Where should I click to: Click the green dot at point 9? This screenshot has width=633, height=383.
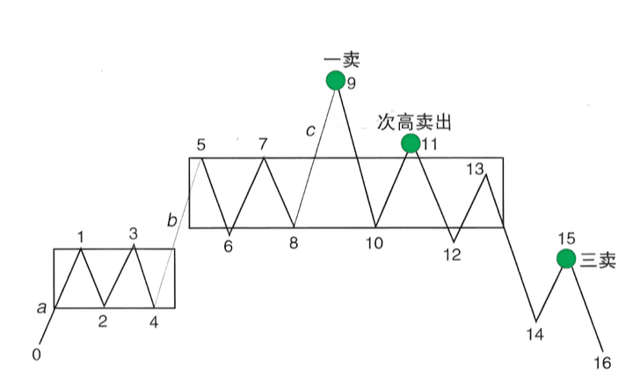tap(335, 81)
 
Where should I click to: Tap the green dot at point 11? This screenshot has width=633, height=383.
tap(411, 144)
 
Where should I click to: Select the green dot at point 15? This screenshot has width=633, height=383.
tap(567, 259)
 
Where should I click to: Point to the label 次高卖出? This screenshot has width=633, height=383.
tap(414, 121)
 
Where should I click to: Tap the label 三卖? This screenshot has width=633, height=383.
tap(598, 260)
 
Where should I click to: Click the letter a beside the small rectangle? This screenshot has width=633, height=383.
tap(41, 307)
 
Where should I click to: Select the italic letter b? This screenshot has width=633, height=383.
tap(171, 218)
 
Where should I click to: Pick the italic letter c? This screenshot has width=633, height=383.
tap(309, 131)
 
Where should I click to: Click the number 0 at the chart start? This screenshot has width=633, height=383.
tap(36, 355)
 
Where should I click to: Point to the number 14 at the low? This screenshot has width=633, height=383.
tap(535, 334)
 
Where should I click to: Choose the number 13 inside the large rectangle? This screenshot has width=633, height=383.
tap(475, 168)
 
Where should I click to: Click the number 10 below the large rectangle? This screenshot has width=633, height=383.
tap(375, 244)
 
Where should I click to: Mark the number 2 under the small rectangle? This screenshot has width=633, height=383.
tap(103, 321)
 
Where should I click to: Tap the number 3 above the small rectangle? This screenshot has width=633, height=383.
tap(134, 233)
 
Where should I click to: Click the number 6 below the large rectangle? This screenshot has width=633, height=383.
tap(228, 247)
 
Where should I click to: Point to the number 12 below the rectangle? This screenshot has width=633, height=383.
tap(452, 255)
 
